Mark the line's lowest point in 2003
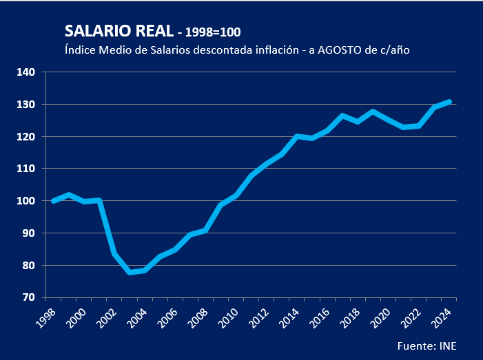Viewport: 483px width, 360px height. point(130,273)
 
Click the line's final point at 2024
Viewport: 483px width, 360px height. point(449,102)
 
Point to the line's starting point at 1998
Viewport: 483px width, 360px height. point(54,201)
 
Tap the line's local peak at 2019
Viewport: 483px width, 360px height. point(373,112)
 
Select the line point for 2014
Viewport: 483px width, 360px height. point(297,136)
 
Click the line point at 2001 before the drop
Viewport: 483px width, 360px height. point(99,200)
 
